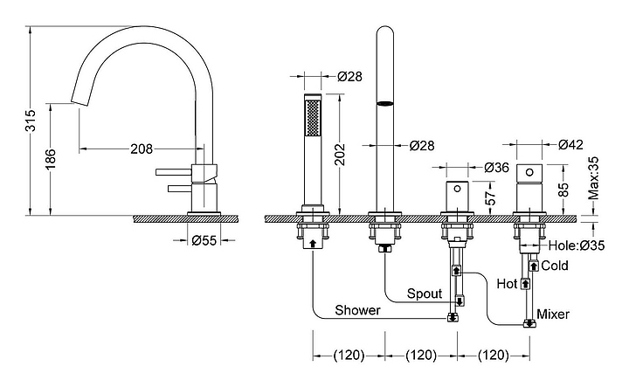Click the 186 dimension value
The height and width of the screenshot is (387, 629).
(51, 157)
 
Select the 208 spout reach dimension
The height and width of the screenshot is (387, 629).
(142, 149)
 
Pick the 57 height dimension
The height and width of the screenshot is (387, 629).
(490, 197)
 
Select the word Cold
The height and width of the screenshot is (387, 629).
(555, 266)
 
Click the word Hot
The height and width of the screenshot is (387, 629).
(508, 283)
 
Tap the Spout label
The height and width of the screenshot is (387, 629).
(425, 294)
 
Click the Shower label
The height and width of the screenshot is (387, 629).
(357, 311)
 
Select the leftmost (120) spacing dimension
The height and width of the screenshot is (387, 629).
(349, 356)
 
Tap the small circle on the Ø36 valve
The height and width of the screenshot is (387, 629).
(455, 187)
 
